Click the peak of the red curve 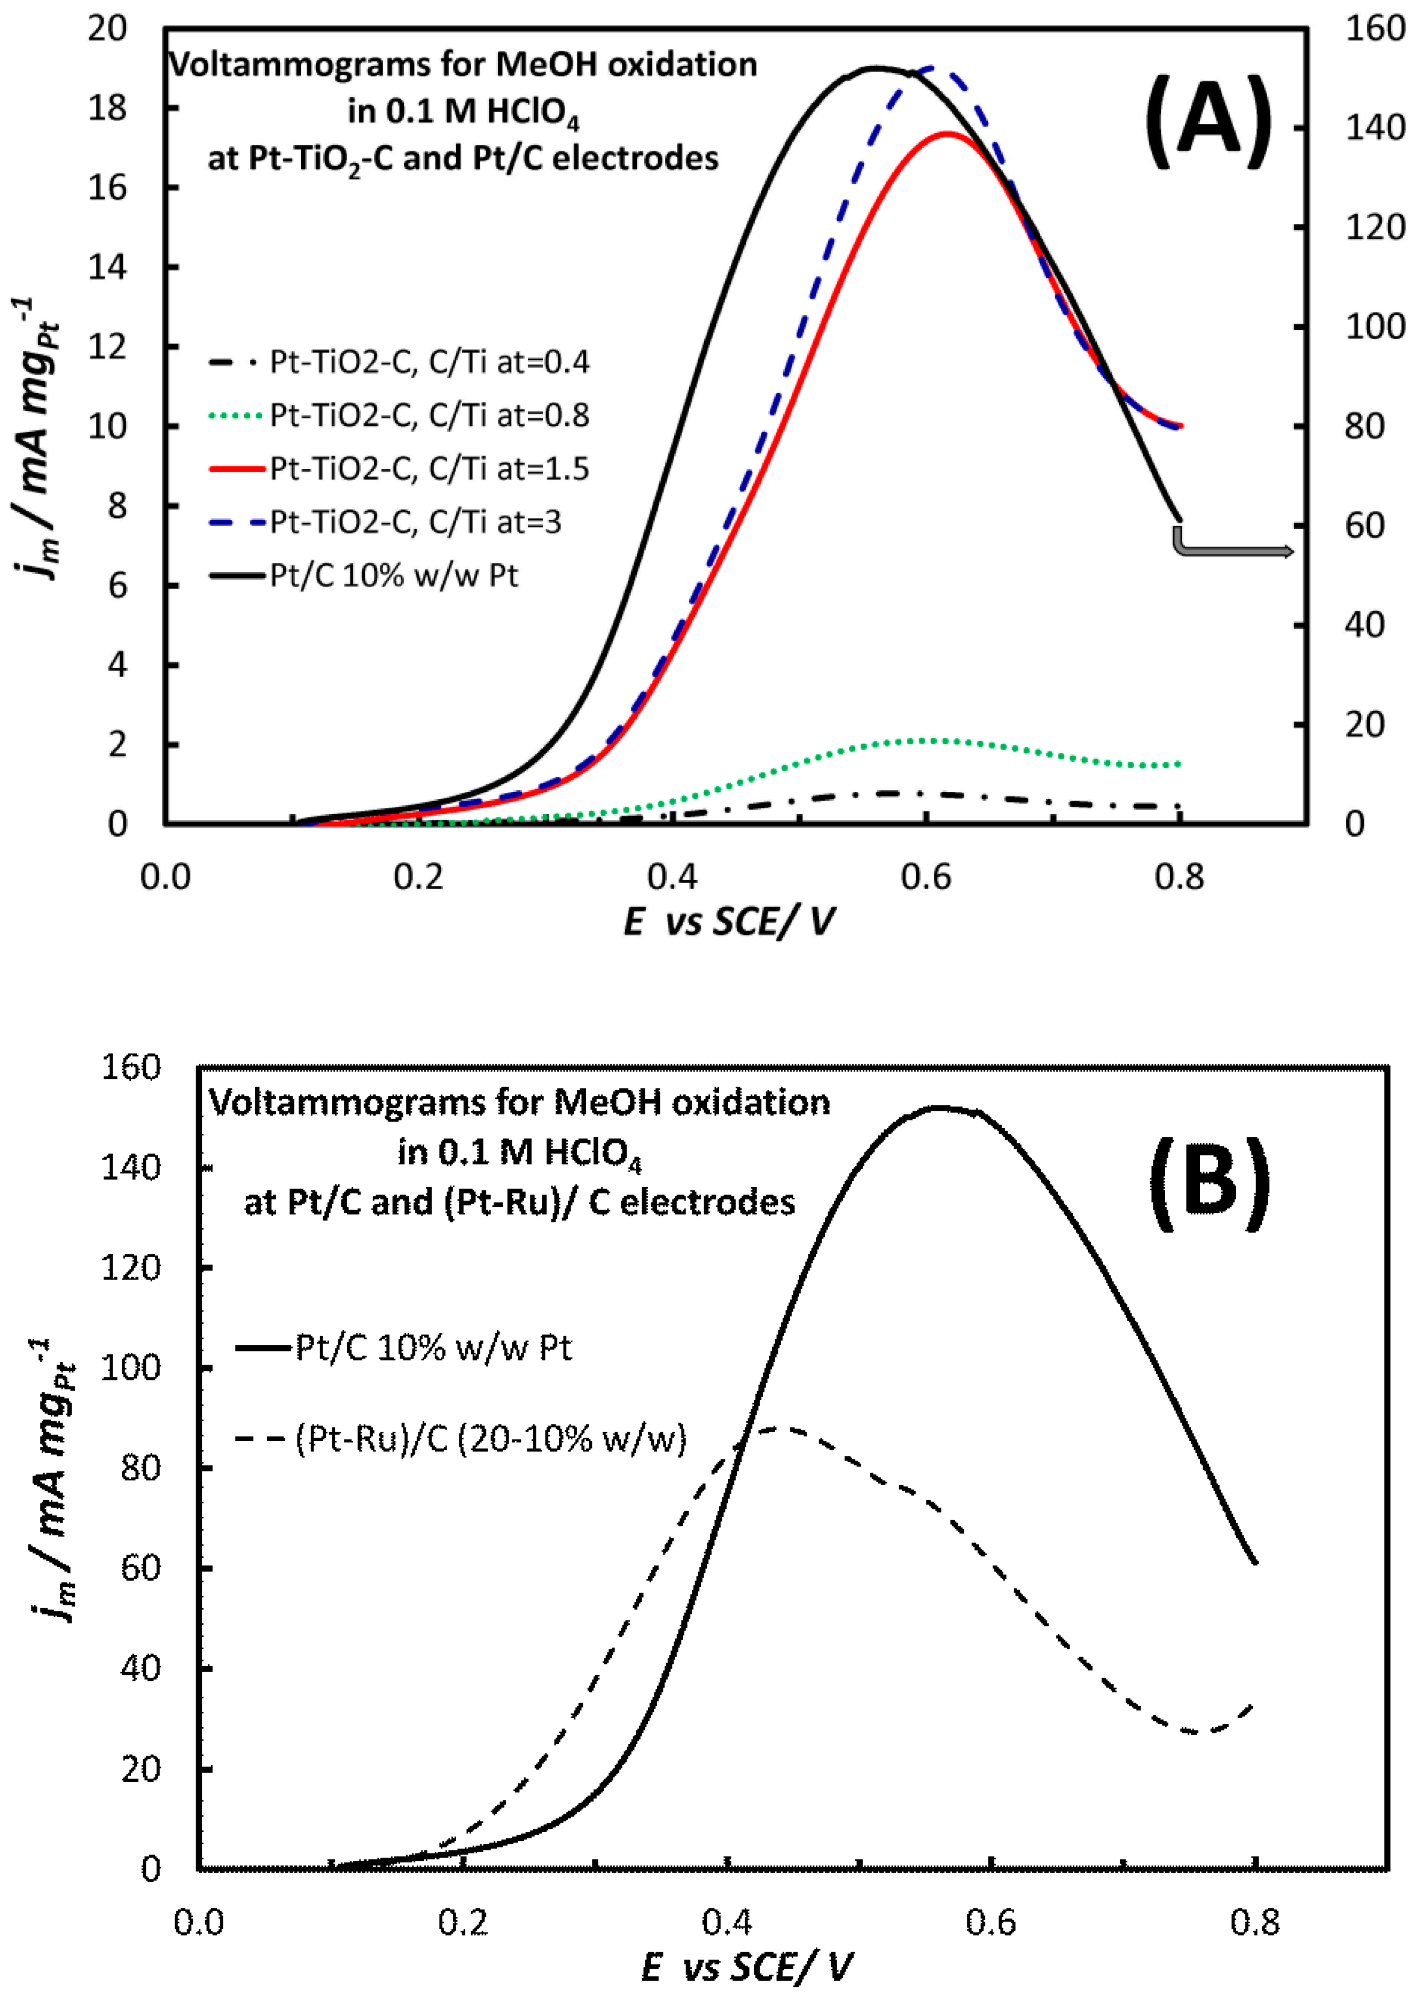tap(946, 134)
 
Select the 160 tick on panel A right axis tap(1375, 29)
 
